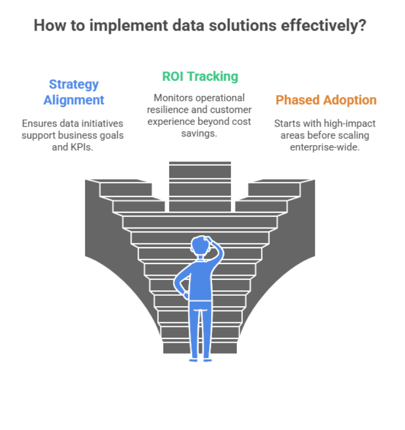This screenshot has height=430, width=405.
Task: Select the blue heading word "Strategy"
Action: [74, 84]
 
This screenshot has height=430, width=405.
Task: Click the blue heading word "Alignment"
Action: [74, 100]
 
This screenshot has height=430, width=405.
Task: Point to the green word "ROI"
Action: [174, 76]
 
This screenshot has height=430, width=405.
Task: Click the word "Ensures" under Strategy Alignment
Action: [39, 123]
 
